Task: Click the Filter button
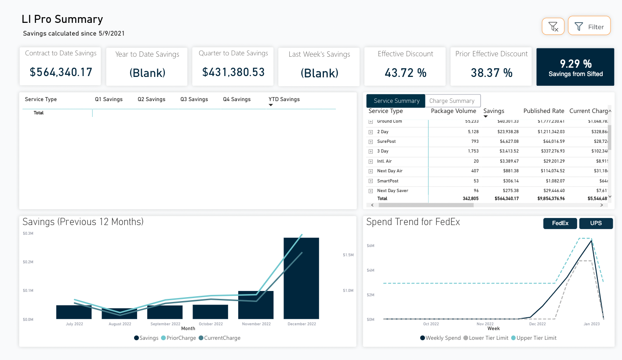coord(589,26)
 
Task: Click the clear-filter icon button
coord(553,26)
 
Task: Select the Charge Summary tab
coord(452,101)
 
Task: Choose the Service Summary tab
coord(396,101)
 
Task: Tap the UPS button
coord(596,223)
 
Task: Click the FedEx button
coord(560,223)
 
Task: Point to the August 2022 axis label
coord(120,324)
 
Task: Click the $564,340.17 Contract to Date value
coord(61,72)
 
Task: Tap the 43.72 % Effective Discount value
coord(405,73)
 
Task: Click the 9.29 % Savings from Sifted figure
coord(575,64)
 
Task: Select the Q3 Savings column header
coord(194,99)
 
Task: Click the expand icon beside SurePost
coord(371,142)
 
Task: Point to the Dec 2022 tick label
coord(537,324)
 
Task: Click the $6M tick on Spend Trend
coord(370,246)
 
